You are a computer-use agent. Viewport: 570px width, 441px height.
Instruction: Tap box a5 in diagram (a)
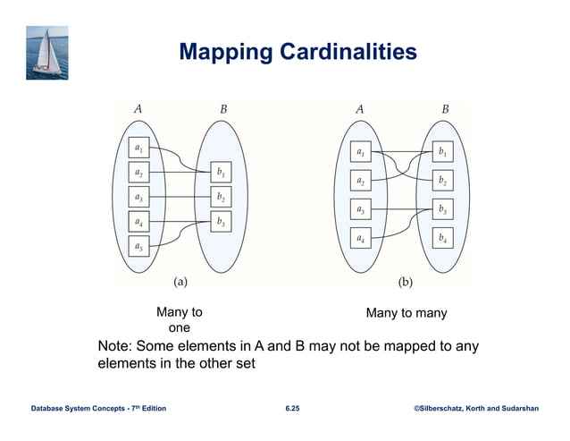[x=139, y=245]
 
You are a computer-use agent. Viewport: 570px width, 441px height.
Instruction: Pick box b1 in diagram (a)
[x=221, y=171]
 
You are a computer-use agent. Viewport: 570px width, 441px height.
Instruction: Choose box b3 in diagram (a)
[x=221, y=221]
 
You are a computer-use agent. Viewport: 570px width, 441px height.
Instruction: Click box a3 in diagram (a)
[x=139, y=196]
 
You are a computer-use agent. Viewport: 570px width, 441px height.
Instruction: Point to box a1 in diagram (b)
[x=360, y=153]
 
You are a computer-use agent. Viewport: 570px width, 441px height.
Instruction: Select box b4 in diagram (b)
[x=440, y=239]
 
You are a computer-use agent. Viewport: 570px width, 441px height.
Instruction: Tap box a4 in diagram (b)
[x=360, y=239]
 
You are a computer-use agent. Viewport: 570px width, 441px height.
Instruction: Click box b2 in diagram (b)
[x=440, y=182]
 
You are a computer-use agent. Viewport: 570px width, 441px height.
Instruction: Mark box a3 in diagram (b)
[x=360, y=210]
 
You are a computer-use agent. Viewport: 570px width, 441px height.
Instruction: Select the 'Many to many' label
[x=407, y=313]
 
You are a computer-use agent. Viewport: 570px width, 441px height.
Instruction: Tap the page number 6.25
[x=293, y=409]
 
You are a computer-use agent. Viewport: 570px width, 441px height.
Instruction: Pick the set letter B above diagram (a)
[x=224, y=110]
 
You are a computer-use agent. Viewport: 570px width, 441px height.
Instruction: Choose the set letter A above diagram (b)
[x=359, y=110]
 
